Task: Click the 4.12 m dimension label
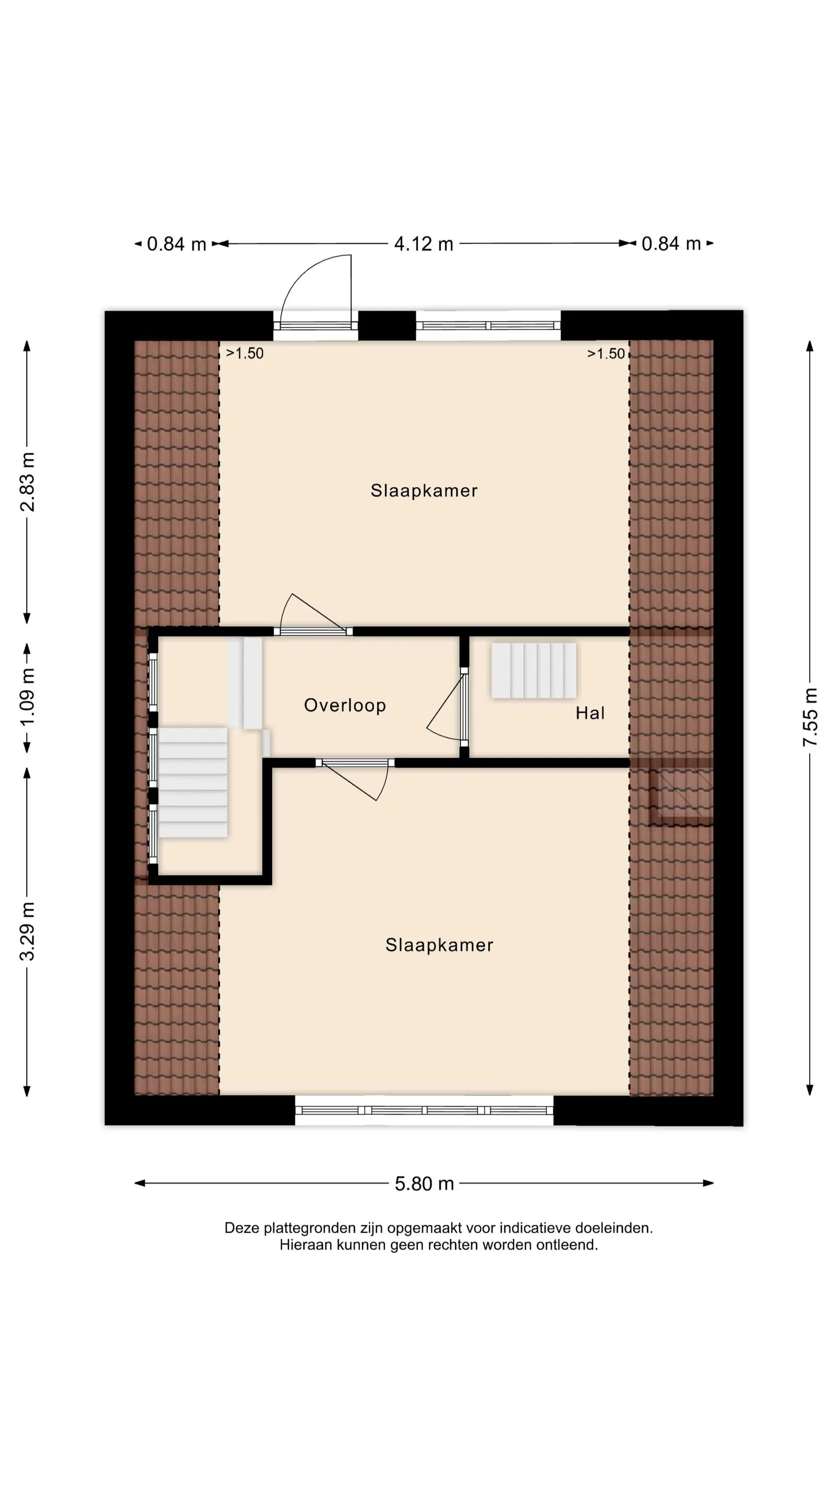point(423,244)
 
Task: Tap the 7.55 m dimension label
point(810,717)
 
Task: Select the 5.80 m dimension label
point(424,1183)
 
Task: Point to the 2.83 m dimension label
point(27,481)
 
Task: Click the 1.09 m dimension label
point(27,696)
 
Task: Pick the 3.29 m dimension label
point(27,931)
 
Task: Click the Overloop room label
point(345,705)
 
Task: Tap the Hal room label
point(590,713)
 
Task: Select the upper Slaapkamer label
point(424,491)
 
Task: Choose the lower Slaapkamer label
point(439,945)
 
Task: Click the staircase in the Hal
point(534,671)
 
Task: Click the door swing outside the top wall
point(315,289)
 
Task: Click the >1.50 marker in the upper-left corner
point(244,353)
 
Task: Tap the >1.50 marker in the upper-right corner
point(606,353)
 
